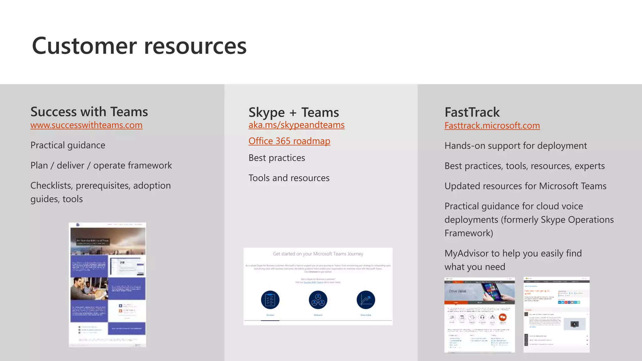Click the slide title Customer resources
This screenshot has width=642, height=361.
(139, 46)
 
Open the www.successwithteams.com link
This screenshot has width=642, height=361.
(86, 125)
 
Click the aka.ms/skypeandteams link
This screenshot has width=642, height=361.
(296, 125)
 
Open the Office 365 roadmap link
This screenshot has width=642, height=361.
(289, 141)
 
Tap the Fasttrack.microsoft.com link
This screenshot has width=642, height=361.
(492, 126)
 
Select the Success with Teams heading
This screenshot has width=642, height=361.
(89, 112)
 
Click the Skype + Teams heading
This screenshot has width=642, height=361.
(293, 112)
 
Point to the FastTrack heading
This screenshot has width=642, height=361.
(472, 112)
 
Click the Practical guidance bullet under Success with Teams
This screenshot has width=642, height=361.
(68, 145)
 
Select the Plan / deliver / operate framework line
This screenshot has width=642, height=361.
(101, 165)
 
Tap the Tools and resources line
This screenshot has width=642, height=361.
(289, 178)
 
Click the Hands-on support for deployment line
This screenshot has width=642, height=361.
(515, 146)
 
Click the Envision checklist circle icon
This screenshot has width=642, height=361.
(270, 300)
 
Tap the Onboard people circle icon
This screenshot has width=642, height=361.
(318, 300)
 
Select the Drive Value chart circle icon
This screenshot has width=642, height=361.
(366, 300)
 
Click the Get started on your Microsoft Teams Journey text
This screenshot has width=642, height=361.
(318, 254)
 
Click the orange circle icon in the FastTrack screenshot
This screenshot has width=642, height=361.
(503, 317)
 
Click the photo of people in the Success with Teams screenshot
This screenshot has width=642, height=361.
(89, 288)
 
